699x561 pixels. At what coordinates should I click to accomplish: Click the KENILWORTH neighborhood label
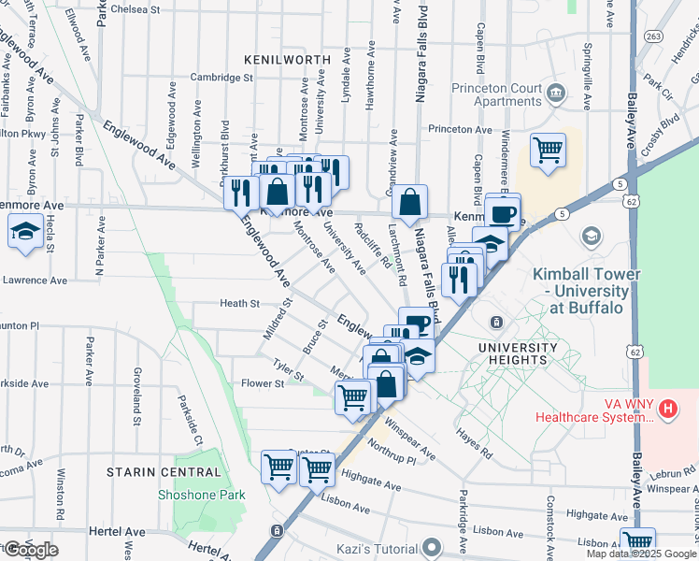(x=287, y=59)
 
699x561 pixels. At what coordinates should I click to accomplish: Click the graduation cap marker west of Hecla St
(x=24, y=230)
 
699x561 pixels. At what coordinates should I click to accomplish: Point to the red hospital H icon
(x=667, y=409)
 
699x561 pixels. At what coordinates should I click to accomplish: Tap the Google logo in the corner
(x=31, y=550)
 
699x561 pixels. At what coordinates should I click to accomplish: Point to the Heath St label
(x=239, y=303)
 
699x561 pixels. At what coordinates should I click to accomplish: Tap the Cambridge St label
(x=222, y=78)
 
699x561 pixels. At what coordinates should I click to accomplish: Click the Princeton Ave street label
(x=460, y=129)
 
